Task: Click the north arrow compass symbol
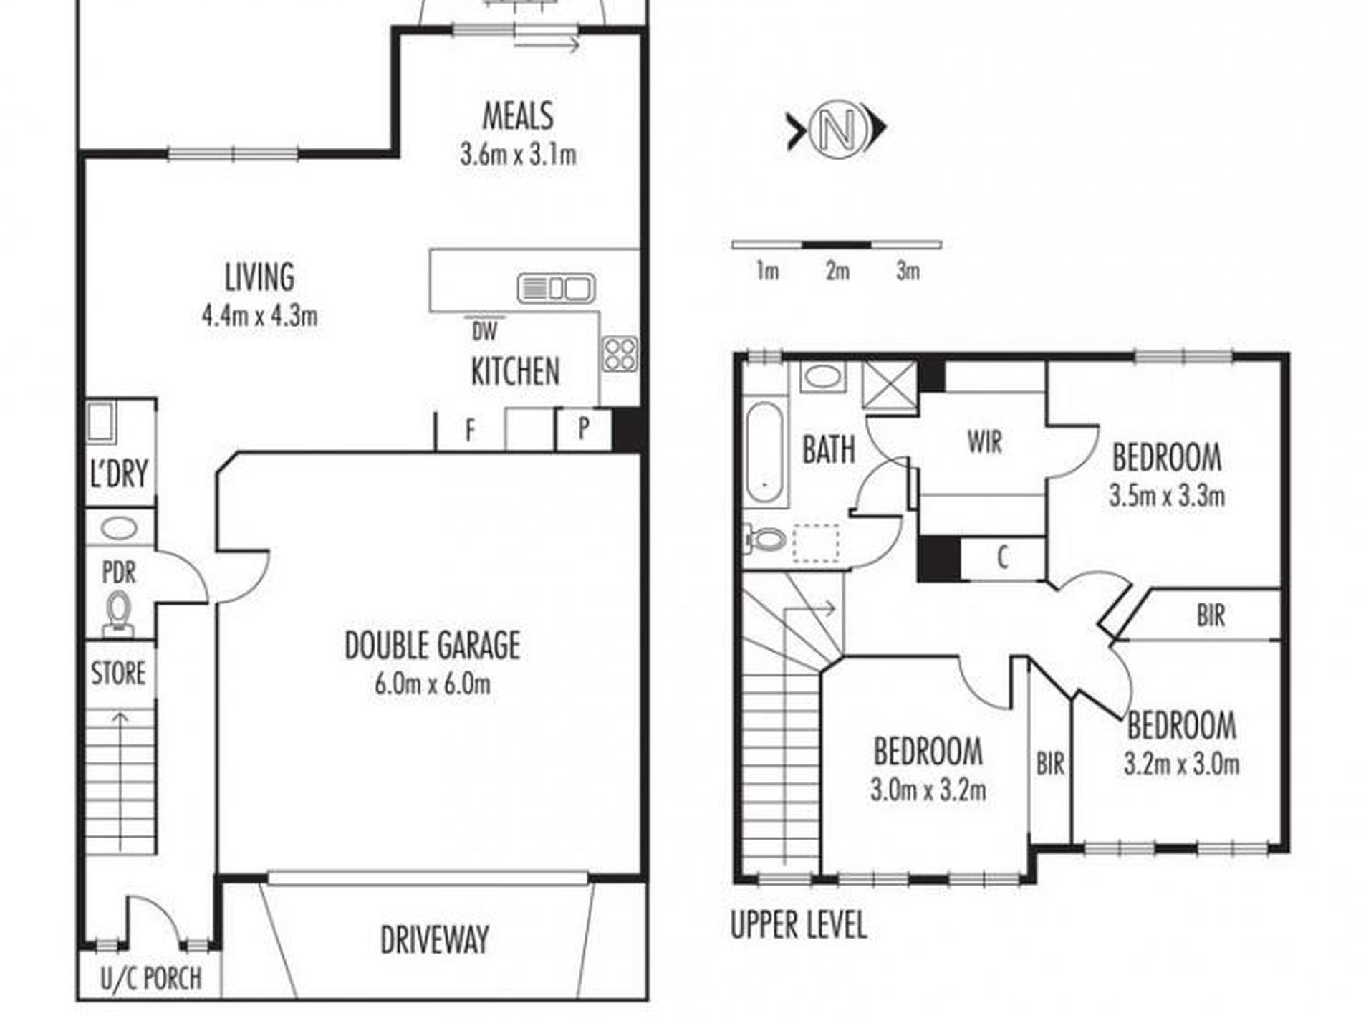coord(837,129)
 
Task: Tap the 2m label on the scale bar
coord(837,271)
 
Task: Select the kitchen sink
coord(556,288)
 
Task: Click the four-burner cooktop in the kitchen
coord(620,354)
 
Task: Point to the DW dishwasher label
coord(485,331)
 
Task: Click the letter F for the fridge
coord(471,431)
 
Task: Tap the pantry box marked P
coord(584,429)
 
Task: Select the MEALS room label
coord(517,116)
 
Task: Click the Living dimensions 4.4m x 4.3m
coord(260,315)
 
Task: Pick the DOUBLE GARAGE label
coord(433,645)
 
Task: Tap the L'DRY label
coord(119,474)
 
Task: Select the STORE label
coord(118,674)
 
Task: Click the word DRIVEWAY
coord(434,940)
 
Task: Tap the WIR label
coord(985,442)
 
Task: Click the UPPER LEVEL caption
coord(798,924)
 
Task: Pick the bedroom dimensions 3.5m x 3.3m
coord(1167,496)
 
